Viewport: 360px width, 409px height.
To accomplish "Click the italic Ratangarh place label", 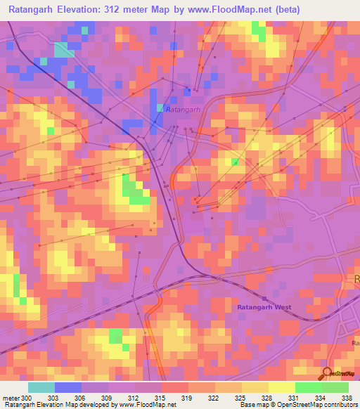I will click(x=185, y=109).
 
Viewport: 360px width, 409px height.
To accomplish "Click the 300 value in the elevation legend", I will click(x=27, y=398).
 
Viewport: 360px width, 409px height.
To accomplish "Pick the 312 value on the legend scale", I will click(x=135, y=398).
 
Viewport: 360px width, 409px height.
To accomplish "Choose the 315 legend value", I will click(x=162, y=398).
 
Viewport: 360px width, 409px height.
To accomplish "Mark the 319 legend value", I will click(x=188, y=398).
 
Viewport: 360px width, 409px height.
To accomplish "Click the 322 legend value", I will click(x=215, y=398).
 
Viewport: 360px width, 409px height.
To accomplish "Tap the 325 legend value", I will click(x=242, y=398).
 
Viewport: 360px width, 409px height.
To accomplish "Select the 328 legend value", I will click(x=269, y=398).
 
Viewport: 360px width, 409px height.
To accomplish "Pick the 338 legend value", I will click(x=347, y=398).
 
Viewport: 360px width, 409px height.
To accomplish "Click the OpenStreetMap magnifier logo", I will click(x=326, y=373).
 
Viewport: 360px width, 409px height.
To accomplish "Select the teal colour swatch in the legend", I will click(x=41, y=387).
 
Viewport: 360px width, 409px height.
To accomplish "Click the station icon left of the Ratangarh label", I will click(x=160, y=108).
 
